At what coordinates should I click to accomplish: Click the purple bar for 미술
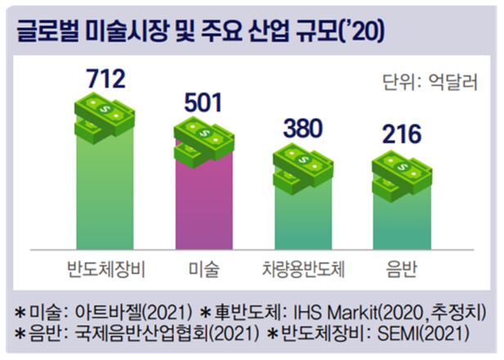pyautogui.click(x=205, y=205)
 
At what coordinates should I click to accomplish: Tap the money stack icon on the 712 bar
pyautogui.click(x=105, y=115)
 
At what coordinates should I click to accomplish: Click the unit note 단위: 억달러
pyautogui.click(x=429, y=82)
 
